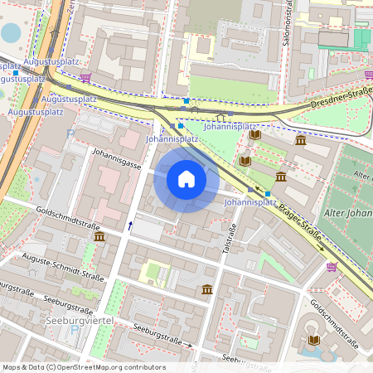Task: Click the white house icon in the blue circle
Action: [x=186, y=179]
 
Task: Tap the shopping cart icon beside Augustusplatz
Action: [x=86, y=78]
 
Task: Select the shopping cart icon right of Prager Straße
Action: [x=332, y=266]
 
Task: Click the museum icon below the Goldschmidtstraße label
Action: [x=99, y=237]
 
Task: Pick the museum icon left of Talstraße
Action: [x=206, y=288]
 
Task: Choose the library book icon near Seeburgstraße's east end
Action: [x=312, y=340]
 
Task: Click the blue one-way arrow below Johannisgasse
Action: [x=129, y=224]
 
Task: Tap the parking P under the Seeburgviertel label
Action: [x=74, y=330]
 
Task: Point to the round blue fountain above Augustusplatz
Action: [x=11, y=33]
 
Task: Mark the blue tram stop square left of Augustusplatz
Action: [x=16, y=73]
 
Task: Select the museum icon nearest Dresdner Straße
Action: [x=300, y=140]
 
